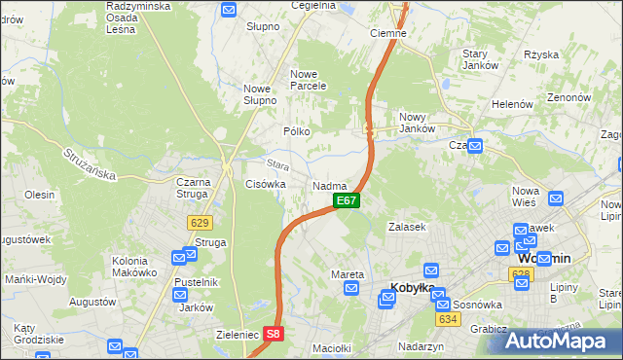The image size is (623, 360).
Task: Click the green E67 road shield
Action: pyautogui.click(x=347, y=200)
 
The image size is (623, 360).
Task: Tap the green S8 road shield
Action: pyautogui.click(x=276, y=334)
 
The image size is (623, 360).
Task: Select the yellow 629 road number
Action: pyautogui.click(x=199, y=223)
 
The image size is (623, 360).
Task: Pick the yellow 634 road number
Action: pyautogui.click(x=448, y=319)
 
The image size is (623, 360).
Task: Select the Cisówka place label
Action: pyautogui.click(x=266, y=184)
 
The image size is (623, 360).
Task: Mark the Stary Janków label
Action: pyautogui.click(x=481, y=59)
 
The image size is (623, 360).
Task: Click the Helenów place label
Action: pyautogui.click(x=514, y=104)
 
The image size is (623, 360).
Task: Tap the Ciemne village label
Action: pyautogui.click(x=388, y=33)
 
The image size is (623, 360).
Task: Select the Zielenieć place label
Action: pyautogui.click(x=236, y=334)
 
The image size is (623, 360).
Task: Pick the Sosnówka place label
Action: pyautogui.click(x=478, y=305)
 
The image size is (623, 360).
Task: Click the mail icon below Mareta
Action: pyautogui.click(x=352, y=289)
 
